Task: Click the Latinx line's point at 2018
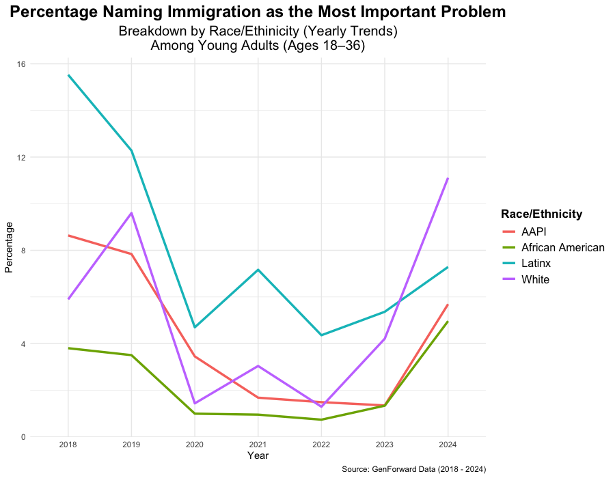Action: [x=68, y=75]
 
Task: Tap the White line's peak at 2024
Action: [x=448, y=178]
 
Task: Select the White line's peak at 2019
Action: [x=131, y=213]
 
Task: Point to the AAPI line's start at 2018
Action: [x=68, y=236]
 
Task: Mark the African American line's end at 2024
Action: [x=448, y=322]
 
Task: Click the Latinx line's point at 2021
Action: [x=258, y=270]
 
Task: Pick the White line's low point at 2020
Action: [x=195, y=404]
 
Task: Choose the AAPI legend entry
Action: [x=533, y=231]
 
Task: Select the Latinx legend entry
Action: [x=535, y=263]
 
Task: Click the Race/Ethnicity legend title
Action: [x=541, y=214]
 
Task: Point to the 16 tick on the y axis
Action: [x=21, y=64]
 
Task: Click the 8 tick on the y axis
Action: [x=23, y=251]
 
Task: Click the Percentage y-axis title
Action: [x=9, y=247]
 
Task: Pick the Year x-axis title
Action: [x=258, y=455]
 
